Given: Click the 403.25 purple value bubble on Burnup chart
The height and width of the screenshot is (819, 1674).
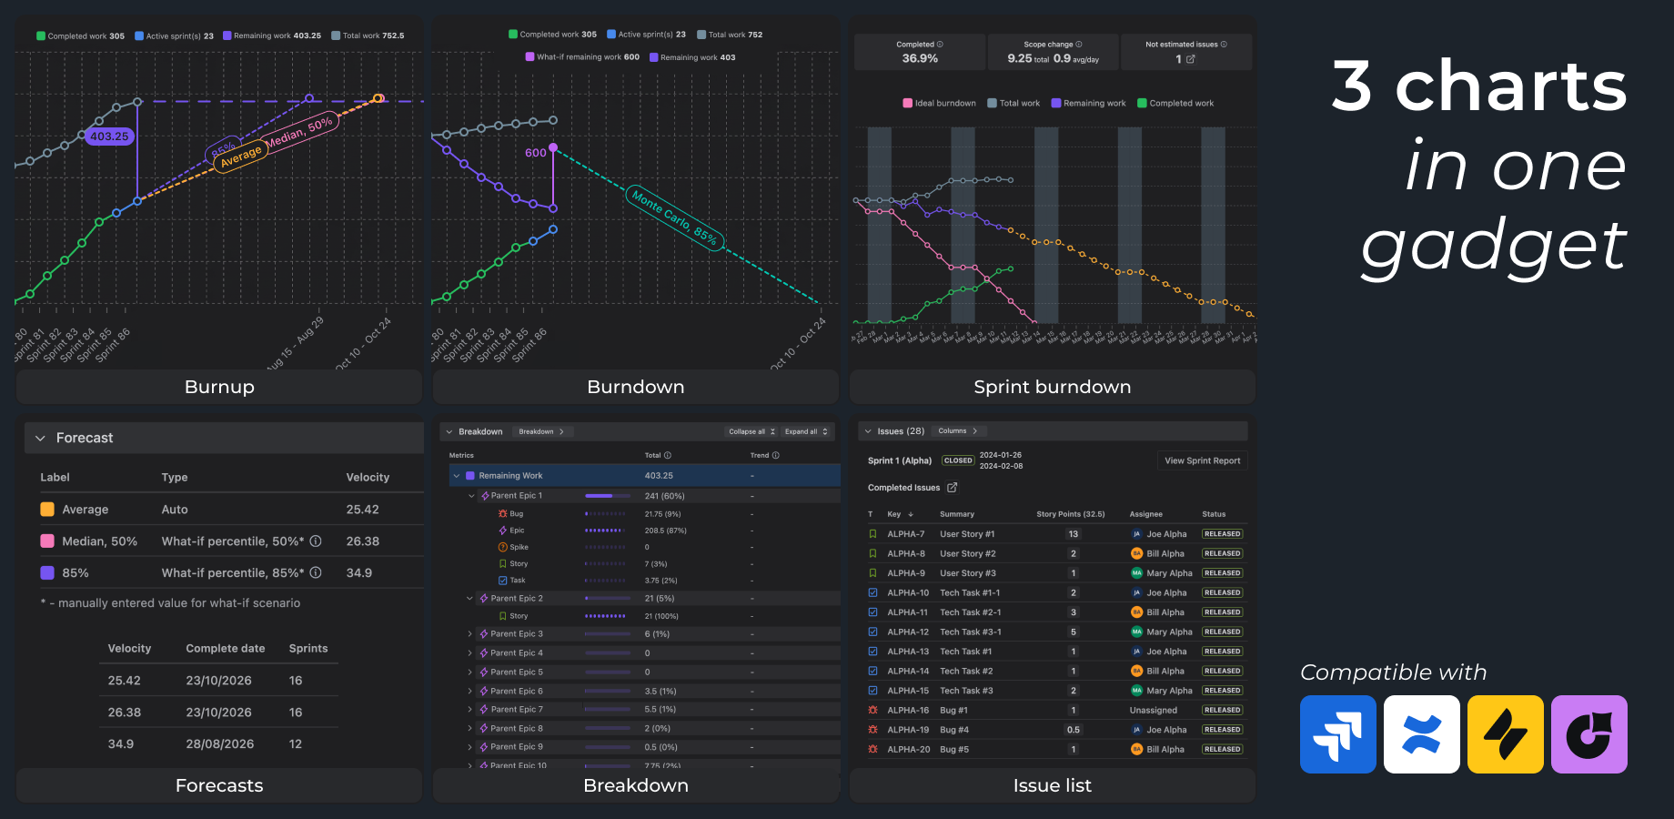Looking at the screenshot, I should coord(109,136).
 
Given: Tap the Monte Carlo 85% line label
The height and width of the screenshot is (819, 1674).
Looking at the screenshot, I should coord(675,217).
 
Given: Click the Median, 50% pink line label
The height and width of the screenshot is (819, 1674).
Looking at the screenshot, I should coord(299,132).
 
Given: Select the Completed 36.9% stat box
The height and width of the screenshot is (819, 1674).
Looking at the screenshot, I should coord(919,52).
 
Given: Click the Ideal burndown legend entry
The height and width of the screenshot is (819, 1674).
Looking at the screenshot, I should coord(939,104).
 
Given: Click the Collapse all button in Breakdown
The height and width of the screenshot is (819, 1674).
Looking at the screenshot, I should coord(751,431).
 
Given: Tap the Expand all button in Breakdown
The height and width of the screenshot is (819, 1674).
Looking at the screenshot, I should coord(806,431).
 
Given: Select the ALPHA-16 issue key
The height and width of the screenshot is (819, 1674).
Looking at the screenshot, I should coord(908,711).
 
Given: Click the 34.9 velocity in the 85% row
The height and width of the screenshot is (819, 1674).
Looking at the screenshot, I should coord(358,573).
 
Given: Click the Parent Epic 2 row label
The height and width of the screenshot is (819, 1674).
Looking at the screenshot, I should coord(516,599).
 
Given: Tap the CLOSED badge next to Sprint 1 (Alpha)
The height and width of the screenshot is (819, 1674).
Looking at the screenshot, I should coord(957,460).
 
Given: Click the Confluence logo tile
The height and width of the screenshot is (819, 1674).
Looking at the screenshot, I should coord(1421,734).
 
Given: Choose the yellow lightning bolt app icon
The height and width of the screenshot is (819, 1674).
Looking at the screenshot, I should coord(1505,734).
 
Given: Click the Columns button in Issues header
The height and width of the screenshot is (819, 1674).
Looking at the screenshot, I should coord(957,431).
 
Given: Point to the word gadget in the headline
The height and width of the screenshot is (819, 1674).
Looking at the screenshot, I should coord(1493,246).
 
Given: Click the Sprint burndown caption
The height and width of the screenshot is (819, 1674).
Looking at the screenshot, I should coord(1052,387).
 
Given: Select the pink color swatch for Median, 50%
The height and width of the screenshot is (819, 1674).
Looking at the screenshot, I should coord(47,541).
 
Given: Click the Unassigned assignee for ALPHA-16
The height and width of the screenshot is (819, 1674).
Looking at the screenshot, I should coord(1153,711).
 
